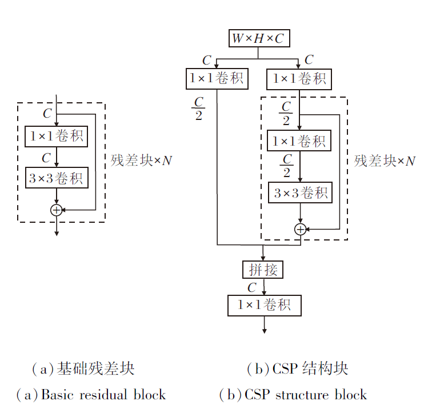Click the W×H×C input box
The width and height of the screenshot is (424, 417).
258,39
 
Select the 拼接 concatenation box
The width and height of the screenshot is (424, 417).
262,269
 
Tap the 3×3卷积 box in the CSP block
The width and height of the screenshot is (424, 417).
300,193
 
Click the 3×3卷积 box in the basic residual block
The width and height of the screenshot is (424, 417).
56,178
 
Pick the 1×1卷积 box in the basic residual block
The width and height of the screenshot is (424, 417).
56,137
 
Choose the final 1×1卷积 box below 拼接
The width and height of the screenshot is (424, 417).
264,305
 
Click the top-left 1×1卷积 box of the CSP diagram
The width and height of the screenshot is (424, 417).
217,78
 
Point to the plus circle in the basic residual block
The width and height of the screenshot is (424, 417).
56,210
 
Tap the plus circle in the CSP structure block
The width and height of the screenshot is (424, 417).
300,229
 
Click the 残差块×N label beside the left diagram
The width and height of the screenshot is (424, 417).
141,161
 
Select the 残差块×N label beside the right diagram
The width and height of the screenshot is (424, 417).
385,161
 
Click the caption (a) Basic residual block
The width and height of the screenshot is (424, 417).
91,395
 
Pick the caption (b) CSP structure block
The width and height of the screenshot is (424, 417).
293,395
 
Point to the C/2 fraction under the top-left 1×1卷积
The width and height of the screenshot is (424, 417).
198,109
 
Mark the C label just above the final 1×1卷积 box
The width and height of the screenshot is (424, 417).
252,287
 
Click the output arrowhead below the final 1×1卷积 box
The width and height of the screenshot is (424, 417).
264,330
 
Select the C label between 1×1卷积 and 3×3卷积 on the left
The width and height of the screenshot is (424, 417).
47,157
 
